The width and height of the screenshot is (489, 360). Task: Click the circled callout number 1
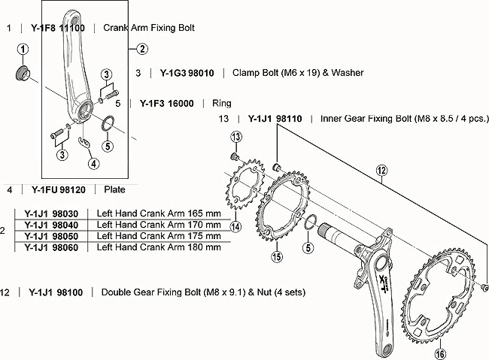tap(23, 50)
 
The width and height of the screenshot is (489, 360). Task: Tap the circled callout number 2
tap(142, 49)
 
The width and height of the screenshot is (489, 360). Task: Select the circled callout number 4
tap(94, 163)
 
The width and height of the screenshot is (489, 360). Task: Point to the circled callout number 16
tap(440, 354)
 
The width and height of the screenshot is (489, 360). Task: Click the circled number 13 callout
tap(236, 137)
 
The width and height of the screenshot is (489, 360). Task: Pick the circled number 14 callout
tap(235, 226)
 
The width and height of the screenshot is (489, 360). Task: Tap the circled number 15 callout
tap(277, 257)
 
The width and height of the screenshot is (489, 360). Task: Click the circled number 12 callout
tap(381, 171)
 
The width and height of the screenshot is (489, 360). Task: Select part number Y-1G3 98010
tap(187, 73)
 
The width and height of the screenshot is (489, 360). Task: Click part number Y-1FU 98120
tap(59, 190)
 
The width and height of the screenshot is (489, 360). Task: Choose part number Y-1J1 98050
tap(51, 236)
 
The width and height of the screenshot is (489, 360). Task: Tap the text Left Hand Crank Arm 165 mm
tap(159, 213)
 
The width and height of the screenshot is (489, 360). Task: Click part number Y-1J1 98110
tap(275, 119)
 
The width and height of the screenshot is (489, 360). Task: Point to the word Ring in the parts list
tap(222, 104)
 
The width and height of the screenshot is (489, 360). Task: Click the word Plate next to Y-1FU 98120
tap(115, 189)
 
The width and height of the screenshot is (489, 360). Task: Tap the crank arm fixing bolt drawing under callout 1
tap(23, 72)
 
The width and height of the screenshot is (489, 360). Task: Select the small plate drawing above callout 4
tap(84, 141)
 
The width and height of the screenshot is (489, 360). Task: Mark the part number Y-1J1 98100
tap(56, 292)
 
